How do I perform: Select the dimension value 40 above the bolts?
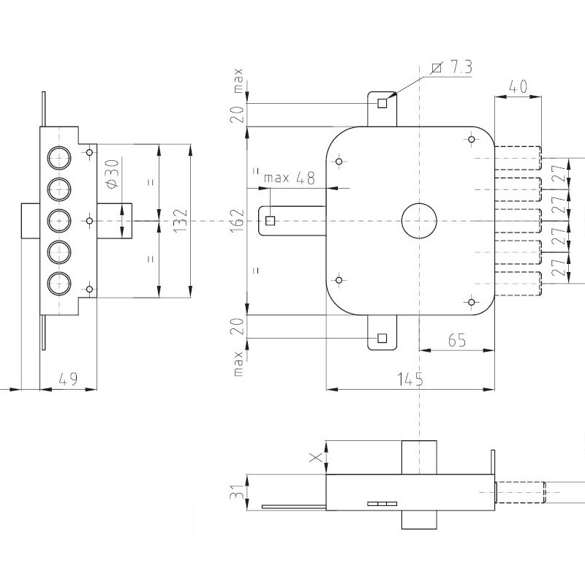pyautogui.click(x=517, y=86)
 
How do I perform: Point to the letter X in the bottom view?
pyautogui.click(x=315, y=458)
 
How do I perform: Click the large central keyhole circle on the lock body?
pyautogui.click(x=418, y=220)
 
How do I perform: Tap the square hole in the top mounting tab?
pyautogui.click(x=382, y=103)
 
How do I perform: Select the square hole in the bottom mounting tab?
pyautogui.click(x=381, y=338)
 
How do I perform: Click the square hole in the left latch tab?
pyautogui.click(x=271, y=220)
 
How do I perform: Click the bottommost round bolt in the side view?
pyautogui.click(x=58, y=282)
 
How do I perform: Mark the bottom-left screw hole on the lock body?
pyautogui.click(x=339, y=279)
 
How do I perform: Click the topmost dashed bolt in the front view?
pyautogui.click(x=519, y=158)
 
